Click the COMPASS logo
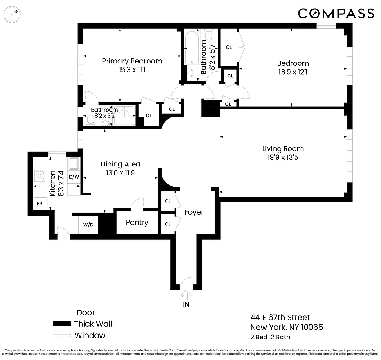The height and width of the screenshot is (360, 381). (336, 13)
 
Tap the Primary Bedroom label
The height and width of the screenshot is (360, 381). (132, 61)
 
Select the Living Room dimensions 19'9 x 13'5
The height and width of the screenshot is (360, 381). (282, 157)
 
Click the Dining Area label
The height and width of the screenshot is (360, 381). (120, 164)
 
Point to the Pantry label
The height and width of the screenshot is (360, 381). (137, 223)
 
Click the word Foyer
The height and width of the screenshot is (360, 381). (194, 212)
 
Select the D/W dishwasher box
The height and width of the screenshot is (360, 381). (74, 177)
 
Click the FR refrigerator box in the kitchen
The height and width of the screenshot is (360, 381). (40, 203)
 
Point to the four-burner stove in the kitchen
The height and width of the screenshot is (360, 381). (40, 175)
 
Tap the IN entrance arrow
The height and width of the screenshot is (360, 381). (186, 295)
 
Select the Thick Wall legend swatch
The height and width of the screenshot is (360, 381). (62, 324)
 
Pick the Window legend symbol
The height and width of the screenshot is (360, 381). (62, 335)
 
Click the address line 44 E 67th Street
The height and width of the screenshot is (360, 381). (280, 318)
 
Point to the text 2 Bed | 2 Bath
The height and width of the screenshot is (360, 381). (271, 337)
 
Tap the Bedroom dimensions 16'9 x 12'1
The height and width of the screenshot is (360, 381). (292, 72)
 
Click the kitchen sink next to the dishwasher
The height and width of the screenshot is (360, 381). (74, 163)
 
